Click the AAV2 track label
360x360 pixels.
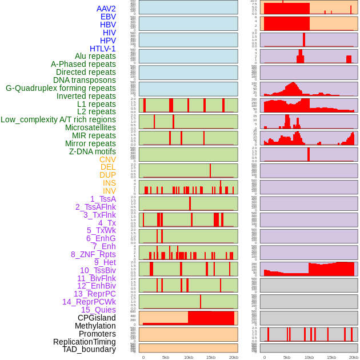(106, 9)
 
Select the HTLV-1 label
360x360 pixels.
(103, 49)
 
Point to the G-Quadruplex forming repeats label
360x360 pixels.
(61, 88)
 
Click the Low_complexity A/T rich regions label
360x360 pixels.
(58, 119)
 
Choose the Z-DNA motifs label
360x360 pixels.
(93, 151)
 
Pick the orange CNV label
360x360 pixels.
(107, 159)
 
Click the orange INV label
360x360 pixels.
(109, 191)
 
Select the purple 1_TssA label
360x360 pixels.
(103, 199)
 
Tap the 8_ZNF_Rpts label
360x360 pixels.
(93, 254)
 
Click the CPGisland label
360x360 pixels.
(97, 318)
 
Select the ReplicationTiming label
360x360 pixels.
(85, 342)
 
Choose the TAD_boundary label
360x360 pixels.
(89, 349)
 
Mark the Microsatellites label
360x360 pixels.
(90, 127)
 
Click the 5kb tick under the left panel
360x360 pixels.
(166, 357)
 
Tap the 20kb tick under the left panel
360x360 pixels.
(234, 357)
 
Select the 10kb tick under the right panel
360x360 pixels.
(309, 357)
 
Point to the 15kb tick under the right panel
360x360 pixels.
(331, 357)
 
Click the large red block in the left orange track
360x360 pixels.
(211, 318)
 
